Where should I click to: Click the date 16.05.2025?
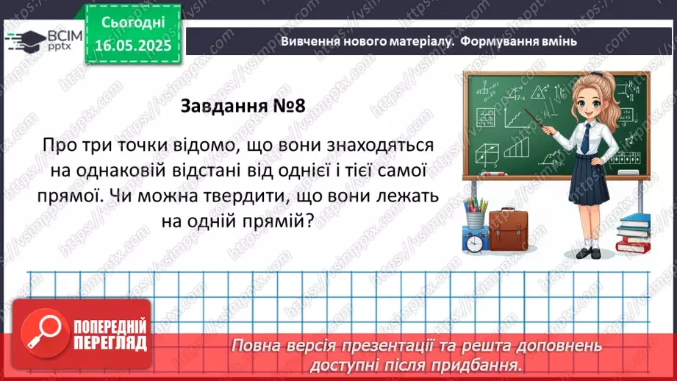[x=133, y=45]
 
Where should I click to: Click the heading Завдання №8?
[x=242, y=106]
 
